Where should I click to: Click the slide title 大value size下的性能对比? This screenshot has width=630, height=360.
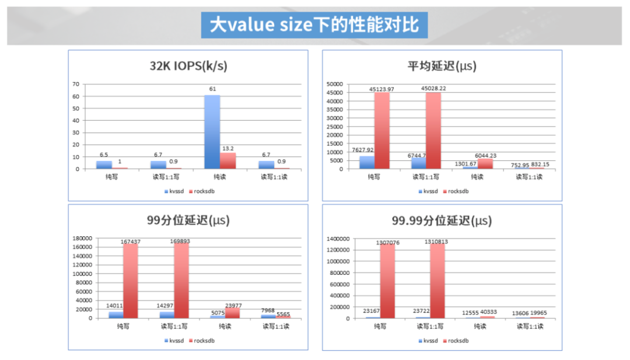[x=314, y=25]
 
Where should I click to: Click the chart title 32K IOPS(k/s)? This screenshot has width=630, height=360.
[x=188, y=66]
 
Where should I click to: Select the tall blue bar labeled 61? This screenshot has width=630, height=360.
[x=212, y=132]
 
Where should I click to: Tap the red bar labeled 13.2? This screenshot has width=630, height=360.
[x=228, y=161]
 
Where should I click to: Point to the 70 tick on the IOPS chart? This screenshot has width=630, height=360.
[x=76, y=84]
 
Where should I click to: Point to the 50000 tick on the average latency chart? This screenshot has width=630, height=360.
[x=335, y=84]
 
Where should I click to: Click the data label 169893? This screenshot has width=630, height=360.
[x=181, y=241]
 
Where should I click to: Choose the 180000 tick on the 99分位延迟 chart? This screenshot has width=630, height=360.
[x=80, y=238]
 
